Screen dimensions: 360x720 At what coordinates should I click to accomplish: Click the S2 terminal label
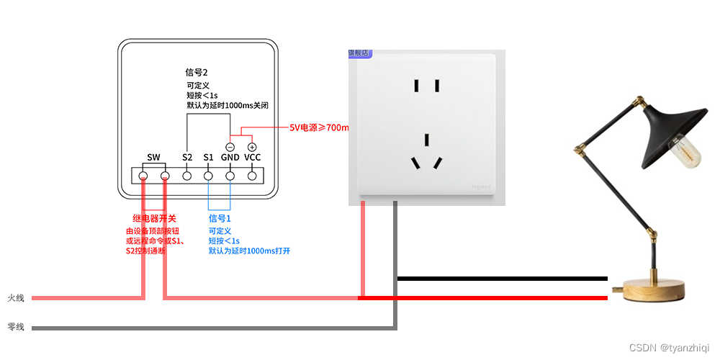[x=187, y=157]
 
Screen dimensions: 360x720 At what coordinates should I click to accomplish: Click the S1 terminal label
[x=208, y=157]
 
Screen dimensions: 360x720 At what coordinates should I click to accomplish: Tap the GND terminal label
[x=230, y=157]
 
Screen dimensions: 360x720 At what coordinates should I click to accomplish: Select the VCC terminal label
[x=252, y=157]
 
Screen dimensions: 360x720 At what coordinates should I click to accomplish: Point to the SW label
[x=153, y=157]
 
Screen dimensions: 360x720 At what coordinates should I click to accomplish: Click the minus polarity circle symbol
[x=230, y=146]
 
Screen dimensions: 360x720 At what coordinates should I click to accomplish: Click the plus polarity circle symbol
[x=252, y=146]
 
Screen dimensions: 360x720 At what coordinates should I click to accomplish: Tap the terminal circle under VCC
[x=253, y=175]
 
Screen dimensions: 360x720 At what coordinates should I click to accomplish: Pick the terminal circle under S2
[x=187, y=175]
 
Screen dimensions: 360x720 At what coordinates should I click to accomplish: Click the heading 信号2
[x=197, y=73]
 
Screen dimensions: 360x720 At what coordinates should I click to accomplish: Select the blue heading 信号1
[x=220, y=218]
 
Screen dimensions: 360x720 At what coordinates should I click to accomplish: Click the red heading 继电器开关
[x=154, y=218]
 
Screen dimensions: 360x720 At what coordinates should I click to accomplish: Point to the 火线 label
[x=16, y=297]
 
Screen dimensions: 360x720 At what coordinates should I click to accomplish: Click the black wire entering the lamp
[x=504, y=279]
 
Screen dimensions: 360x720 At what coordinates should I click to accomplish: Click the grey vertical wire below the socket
[x=395, y=259]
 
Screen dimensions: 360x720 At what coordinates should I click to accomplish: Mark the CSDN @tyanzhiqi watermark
[x=669, y=348]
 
